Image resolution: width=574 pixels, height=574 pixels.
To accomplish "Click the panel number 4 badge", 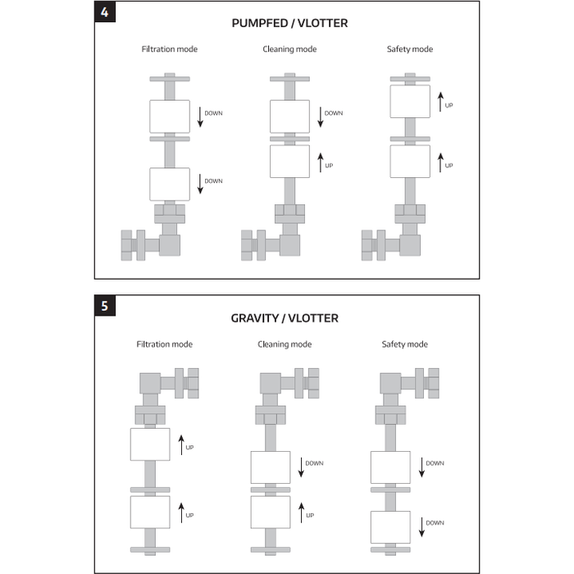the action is (105, 12).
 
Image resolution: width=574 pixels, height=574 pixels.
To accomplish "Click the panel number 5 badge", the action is (105, 306).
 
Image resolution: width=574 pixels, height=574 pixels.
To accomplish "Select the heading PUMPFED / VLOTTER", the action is (289, 24).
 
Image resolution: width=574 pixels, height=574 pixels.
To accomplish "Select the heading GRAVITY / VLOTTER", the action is (285, 318).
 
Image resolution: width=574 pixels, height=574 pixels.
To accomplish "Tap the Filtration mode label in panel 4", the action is (170, 49).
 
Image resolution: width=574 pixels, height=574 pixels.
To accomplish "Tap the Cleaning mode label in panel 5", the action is (285, 344).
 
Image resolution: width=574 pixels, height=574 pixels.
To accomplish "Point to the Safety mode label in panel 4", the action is (410, 49).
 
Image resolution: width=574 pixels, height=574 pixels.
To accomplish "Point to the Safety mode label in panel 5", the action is (404, 344).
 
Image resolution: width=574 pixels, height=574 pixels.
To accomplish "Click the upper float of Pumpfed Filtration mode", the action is (170, 116).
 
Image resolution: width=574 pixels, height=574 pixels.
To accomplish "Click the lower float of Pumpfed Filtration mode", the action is (170, 184).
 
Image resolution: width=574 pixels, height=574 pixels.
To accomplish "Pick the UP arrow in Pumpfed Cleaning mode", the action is (321, 162).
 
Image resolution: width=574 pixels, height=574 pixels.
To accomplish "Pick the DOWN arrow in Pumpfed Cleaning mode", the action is (321, 117).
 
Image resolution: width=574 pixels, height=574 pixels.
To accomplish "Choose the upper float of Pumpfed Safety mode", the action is (410, 102).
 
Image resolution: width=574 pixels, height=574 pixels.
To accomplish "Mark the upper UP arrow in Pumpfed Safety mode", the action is (440, 102).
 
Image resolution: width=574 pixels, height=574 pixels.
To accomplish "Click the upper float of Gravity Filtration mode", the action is (150, 444).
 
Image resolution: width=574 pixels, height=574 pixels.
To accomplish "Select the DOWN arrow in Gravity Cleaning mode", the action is (301, 467).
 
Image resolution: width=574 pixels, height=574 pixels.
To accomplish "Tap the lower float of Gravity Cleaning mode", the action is (271, 512).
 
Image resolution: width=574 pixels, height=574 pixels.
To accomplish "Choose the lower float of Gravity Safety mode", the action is (390, 527).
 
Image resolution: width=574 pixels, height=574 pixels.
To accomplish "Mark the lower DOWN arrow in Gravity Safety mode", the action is (421, 527).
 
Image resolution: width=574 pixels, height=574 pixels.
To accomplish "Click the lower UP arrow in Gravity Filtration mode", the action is (181, 512).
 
